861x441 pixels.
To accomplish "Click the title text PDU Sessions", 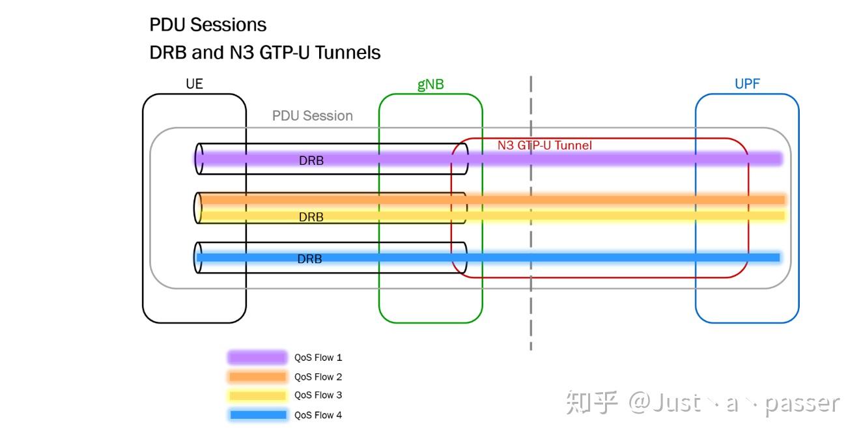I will (208, 25).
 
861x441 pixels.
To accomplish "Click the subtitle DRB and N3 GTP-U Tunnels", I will (264, 52).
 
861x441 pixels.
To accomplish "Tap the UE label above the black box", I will (194, 83).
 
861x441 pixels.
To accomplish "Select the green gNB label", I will (430, 85).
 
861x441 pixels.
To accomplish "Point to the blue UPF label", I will (747, 83).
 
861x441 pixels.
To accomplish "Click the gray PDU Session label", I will (312, 116).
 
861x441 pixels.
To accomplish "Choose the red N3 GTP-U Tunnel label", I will (544, 145).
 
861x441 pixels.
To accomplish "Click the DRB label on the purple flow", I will (311, 160).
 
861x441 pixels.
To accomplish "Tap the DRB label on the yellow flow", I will (311, 217).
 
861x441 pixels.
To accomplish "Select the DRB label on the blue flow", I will (310, 259).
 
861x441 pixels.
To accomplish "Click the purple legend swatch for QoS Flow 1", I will (257, 357).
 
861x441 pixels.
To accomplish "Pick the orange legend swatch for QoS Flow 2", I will (257, 377).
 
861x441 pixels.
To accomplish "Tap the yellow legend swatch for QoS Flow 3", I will (257, 395).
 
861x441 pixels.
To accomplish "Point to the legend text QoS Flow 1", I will (318, 358).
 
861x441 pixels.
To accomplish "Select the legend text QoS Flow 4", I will (318, 415).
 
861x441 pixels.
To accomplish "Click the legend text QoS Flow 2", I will (318, 377).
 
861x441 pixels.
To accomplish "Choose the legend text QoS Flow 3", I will (318, 395).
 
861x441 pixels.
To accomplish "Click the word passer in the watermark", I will (802, 403).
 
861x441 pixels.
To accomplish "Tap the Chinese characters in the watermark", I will (591, 403).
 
